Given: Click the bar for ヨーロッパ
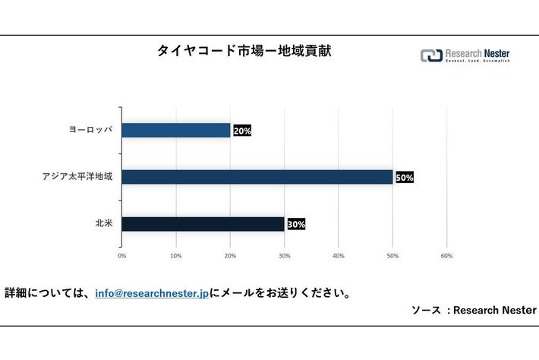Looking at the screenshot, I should pos(175,130).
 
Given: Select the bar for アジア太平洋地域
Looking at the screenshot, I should pos(257,177).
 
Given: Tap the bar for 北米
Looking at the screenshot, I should pos(203,224).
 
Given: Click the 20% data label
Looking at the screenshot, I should pos(242,131).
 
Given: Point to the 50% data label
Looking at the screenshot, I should pos(404,178).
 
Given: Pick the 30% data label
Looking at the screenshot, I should pos(295,225).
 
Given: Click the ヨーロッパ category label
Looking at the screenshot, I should pos(90,130).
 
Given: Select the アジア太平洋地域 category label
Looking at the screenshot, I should pos(77,177).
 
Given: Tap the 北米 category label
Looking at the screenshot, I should pos(104,224).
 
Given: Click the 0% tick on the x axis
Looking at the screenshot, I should pos(122,256).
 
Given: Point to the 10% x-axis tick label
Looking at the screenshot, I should pos(176,256).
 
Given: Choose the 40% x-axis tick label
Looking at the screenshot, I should pos(339,256).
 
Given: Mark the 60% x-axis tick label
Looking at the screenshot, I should pos(446,256).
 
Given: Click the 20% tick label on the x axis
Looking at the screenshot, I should pos(230,256).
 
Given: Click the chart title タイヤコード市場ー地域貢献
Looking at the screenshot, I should pos(244,52).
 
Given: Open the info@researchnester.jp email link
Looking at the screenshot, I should pos(152,293).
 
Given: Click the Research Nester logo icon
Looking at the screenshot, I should pos(430,55).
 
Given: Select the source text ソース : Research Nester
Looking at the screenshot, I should pos(474,310).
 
